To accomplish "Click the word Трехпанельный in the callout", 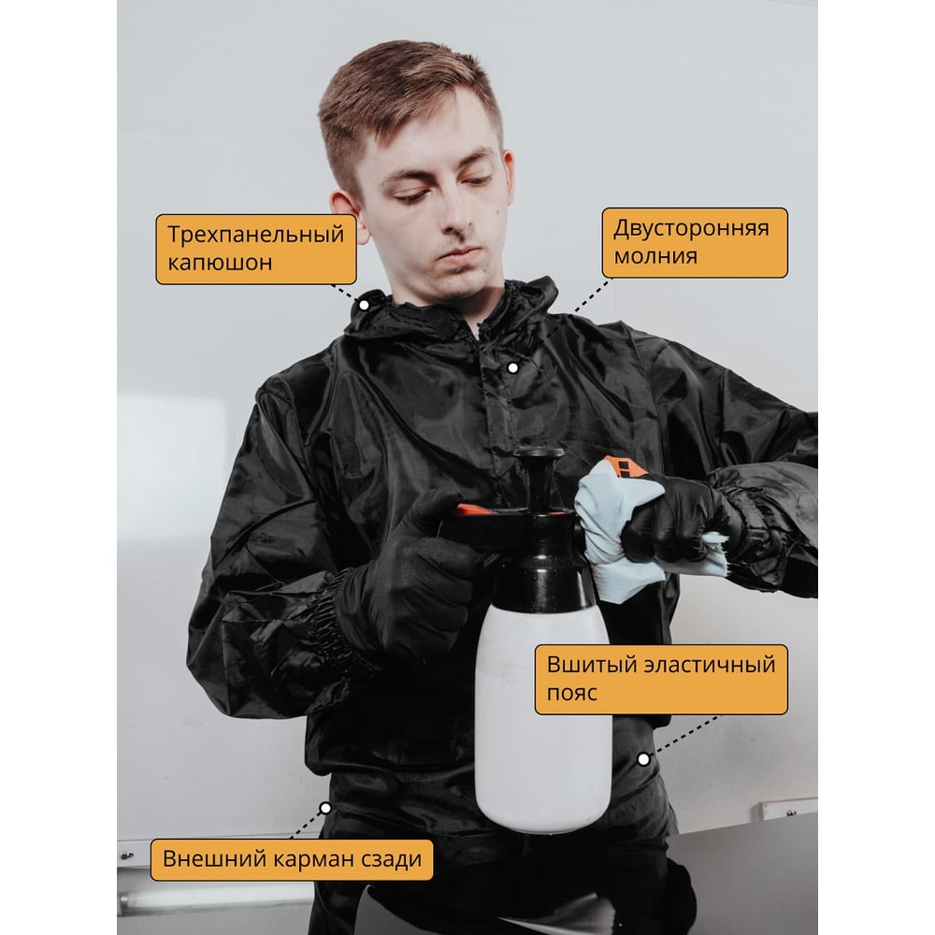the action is click(x=256, y=235).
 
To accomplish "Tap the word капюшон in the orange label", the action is click(x=220, y=263).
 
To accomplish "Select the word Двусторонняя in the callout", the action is click(x=692, y=228).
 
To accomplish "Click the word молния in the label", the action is click(x=656, y=256).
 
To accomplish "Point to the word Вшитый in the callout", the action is click(x=586, y=664).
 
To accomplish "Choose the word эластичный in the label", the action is click(x=705, y=664).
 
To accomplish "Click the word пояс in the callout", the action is click(x=572, y=693).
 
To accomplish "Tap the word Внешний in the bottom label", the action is click(x=215, y=858).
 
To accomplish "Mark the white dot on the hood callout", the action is click(x=365, y=306).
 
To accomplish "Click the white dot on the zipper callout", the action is click(x=512, y=367).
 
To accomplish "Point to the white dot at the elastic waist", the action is click(x=643, y=759).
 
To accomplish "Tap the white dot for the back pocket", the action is click(x=325, y=809).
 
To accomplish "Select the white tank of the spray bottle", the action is click(x=543, y=715).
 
